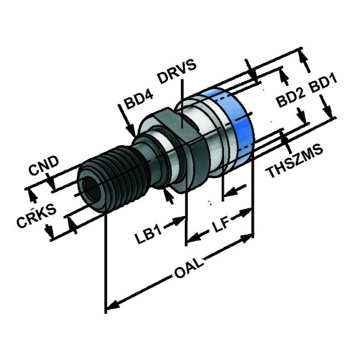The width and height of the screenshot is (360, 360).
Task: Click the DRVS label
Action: pyautogui.click(x=177, y=71)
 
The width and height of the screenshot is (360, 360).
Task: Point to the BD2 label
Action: pyautogui.click(x=291, y=98)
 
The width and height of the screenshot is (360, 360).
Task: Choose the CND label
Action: pyautogui.click(x=44, y=165)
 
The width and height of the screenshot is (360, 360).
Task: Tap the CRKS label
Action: pyautogui.click(x=37, y=215)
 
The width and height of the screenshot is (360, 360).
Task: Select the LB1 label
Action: pyautogui.click(x=149, y=235)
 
